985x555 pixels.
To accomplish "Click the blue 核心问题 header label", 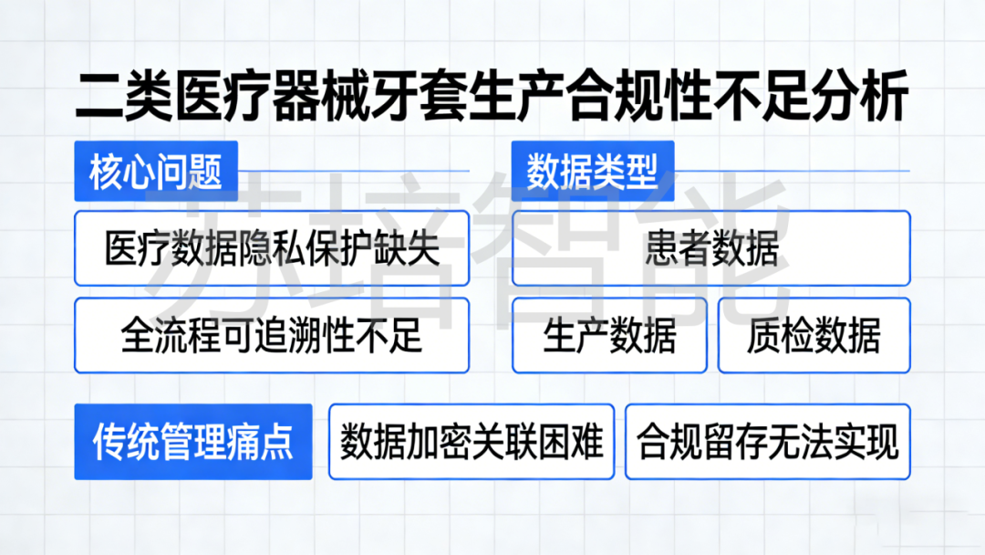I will tap(156, 172).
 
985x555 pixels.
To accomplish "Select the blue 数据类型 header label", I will tap(593, 172).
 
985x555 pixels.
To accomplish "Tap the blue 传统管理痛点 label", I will tap(193, 442).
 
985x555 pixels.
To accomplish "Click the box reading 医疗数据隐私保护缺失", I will tap(272, 248).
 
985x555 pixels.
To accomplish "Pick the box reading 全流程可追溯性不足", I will tap(272, 335).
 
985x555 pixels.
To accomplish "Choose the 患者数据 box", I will tap(711, 248).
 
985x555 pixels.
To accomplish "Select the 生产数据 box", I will tap(609, 335).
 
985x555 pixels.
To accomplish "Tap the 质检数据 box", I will tap(814, 335).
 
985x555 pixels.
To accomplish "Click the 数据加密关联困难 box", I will tap(472, 442).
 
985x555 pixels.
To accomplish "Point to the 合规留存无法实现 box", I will tap(768, 442).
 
